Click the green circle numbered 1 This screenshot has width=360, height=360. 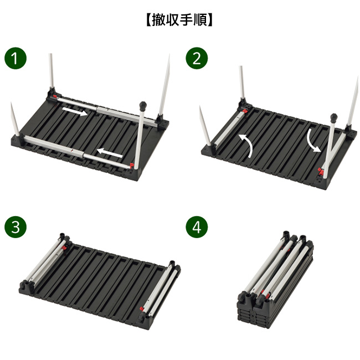(x=16, y=58)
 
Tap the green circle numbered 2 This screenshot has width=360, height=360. (x=197, y=58)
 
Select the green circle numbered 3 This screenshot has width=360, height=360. (x=16, y=227)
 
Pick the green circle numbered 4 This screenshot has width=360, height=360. (x=197, y=227)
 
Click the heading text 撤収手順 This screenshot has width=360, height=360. (x=179, y=20)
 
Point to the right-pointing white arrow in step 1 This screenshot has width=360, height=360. (x=75, y=111)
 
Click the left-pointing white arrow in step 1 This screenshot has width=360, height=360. (x=110, y=153)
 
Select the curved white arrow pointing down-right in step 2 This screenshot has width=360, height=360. (x=313, y=141)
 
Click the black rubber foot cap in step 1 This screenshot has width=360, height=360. (x=143, y=106)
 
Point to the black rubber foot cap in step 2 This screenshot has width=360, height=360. (x=333, y=118)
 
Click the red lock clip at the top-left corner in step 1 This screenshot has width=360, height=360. (x=54, y=96)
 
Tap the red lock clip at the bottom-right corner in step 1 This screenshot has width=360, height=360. (x=132, y=166)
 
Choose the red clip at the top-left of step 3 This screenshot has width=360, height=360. (x=64, y=248)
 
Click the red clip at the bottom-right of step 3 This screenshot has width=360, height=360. (x=142, y=308)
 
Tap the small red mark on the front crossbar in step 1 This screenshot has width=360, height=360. (x=72, y=151)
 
